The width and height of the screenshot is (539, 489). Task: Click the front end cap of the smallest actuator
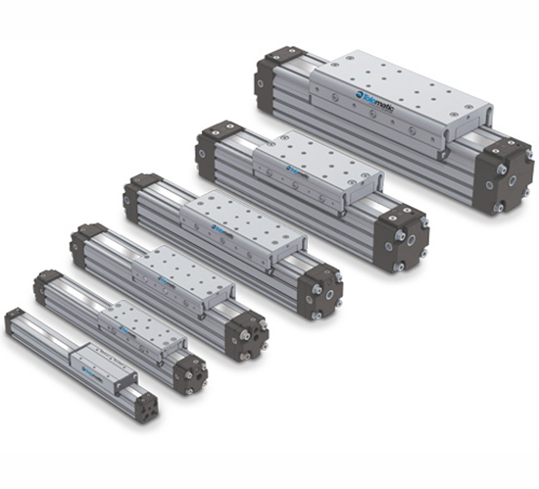(x=146, y=404)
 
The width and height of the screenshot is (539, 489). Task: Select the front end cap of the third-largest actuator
(x=321, y=287)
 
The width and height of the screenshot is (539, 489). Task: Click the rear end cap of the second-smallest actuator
(x=47, y=284)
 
